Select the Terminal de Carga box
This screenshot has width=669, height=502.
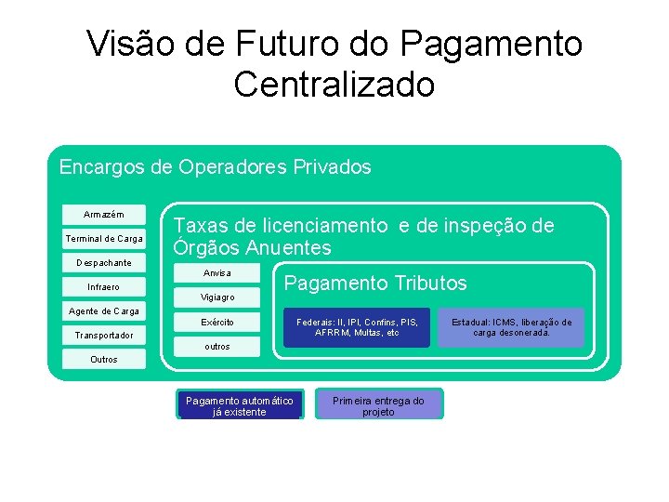tap(104, 239)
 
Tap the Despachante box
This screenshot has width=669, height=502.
tap(104, 263)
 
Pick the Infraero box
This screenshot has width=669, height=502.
tap(104, 286)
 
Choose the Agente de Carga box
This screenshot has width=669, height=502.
tap(104, 310)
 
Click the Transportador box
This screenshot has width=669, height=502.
tap(104, 335)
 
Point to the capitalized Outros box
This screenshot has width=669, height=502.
tap(104, 359)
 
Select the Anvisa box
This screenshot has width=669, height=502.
tap(217, 273)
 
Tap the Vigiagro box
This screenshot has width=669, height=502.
tap(217, 297)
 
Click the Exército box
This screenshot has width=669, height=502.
tap(217, 322)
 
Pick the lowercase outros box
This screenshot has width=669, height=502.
tap(217, 346)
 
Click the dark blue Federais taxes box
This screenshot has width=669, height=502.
tap(357, 327)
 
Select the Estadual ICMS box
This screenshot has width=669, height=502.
tap(511, 327)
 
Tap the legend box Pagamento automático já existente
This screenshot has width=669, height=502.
tap(240, 405)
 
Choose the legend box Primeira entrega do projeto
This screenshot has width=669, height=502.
tap(379, 405)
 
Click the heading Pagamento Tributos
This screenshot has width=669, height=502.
tap(375, 284)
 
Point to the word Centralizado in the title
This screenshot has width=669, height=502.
tap(334, 84)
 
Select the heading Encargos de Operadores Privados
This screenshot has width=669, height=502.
tap(215, 167)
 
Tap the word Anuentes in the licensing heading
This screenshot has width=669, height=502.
tap(288, 248)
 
